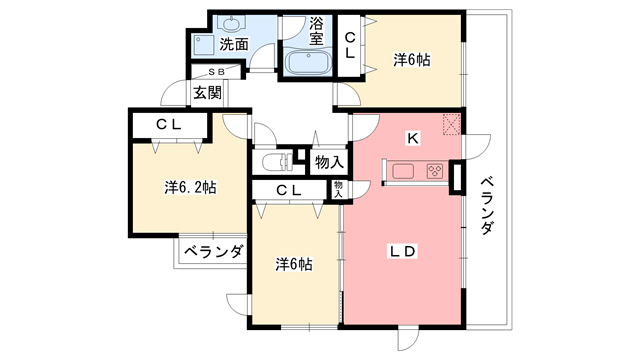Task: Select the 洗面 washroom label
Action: click(x=234, y=44)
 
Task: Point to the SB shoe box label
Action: click(x=218, y=72)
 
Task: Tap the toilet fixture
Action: click(x=274, y=162)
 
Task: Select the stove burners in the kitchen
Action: click(x=435, y=171)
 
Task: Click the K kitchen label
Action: click(x=411, y=137)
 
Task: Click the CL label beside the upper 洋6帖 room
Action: click(x=351, y=46)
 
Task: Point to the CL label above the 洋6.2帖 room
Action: click(x=168, y=124)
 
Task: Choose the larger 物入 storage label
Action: click(x=329, y=162)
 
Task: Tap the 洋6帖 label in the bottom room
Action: click(x=294, y=264)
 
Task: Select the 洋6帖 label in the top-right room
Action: click(x=411, y=60)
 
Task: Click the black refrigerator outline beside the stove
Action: click(x=458, y=177)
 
